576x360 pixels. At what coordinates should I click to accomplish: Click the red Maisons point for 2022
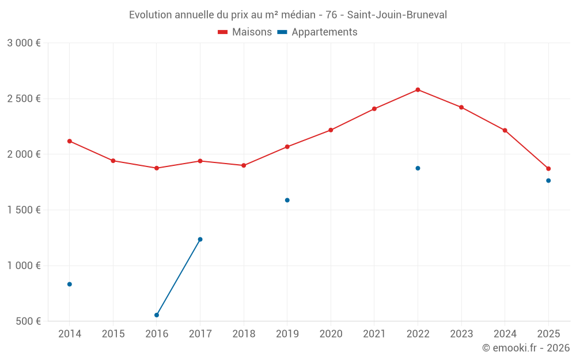point(418,90)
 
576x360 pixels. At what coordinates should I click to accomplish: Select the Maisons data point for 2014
point(70,141)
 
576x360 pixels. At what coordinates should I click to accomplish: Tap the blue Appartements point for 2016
point(157,315)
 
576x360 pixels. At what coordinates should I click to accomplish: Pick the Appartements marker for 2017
point(200,239)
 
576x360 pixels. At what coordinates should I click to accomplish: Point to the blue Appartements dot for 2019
point(287,200)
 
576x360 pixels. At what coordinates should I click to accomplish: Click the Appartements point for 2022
point(418,168)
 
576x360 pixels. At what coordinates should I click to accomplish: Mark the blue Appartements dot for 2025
point(548,181)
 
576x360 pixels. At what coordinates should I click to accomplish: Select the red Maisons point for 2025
point(548,169)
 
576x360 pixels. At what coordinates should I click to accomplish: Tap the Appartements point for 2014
point(70,284)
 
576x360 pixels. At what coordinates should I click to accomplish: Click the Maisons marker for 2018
point(244,165)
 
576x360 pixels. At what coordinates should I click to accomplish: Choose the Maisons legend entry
point(245,32)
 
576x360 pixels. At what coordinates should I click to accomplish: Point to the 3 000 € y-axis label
point(24,43)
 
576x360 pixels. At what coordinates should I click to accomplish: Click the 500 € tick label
point(28,321)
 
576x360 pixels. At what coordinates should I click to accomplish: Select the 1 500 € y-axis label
point(24,210)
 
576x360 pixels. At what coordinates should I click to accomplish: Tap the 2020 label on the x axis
point(331,334)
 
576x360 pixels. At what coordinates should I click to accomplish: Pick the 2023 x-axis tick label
point(461,334)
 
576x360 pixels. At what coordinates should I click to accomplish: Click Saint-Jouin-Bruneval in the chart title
point(397,15)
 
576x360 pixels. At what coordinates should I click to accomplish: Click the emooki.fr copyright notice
point(525,348)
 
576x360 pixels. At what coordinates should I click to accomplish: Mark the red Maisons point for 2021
point(374,109)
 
